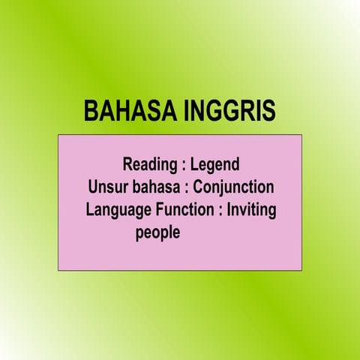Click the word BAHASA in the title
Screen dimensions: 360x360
(x=128, y=111)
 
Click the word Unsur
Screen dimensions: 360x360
(x=107, y=187)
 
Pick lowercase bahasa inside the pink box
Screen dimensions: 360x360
(x=153, y=187)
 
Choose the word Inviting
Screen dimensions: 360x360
(x=251, y=210)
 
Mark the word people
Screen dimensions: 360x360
(x=157, y=233)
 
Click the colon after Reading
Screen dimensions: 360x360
(x=184, y=165)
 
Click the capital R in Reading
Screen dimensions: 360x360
(x=127, y=163)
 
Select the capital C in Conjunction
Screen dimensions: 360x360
(x=197, y=187)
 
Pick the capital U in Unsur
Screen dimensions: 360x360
(x=92, y=187)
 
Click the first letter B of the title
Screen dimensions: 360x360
(x=91, y=111)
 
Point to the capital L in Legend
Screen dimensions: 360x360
(x=194, y=163)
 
